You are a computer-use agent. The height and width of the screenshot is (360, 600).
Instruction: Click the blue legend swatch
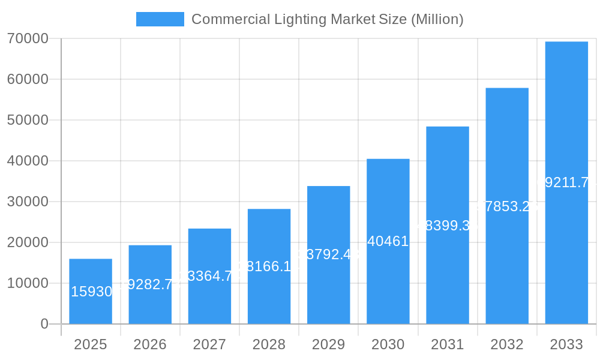click(160, 19)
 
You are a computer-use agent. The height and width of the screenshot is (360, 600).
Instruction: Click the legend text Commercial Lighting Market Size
click(327, 19)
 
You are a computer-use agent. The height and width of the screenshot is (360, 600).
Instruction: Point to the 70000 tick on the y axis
click(28, 39)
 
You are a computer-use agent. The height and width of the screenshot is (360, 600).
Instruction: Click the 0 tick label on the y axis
click(44, 324)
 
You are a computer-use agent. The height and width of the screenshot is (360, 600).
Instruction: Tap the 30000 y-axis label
click(28, 202)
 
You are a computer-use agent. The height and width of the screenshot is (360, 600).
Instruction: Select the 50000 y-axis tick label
click(28, 120)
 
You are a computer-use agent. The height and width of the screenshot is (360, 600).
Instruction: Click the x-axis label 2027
click(209, 344)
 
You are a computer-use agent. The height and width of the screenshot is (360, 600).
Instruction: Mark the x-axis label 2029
click(329, 344)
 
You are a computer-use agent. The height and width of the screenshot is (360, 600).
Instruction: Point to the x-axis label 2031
click(448, 344)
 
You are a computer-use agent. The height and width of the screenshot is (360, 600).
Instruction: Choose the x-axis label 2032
click(507, 344)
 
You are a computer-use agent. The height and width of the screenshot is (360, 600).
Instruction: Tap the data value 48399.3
click(448, 226)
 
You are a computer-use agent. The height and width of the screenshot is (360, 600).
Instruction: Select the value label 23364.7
click(209, 277)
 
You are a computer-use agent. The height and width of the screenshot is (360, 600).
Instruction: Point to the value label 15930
click(91, 292)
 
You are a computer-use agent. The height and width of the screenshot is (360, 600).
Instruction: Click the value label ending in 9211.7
click(566, 182)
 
